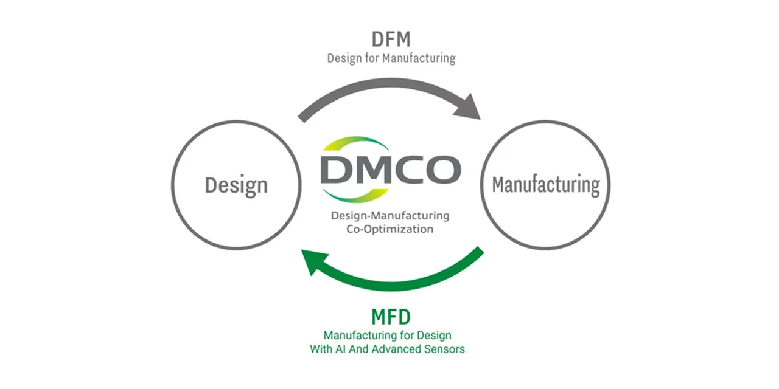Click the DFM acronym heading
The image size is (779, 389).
(391, 39)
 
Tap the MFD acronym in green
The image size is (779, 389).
(391, 317)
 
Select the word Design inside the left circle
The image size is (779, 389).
(237, 185)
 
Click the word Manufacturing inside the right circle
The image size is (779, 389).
(546, 185)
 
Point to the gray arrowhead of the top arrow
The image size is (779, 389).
(469, 108)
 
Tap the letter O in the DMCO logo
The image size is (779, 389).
(444, 170)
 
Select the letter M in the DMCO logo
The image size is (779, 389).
(372, 170)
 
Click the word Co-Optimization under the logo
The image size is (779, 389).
(390, 229)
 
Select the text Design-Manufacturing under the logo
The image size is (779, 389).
(390, 216)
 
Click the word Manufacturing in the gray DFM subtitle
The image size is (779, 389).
(419, 58)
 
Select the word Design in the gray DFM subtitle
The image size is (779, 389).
(344, 58)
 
